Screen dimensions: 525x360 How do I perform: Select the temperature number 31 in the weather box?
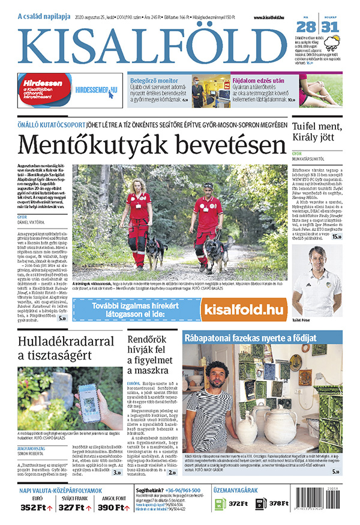pyautogui.click(x=331, y=27)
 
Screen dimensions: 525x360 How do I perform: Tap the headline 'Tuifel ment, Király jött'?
pyautogui.click(x=316, y=134)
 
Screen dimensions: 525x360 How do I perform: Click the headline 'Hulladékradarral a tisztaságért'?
pyautogui.click(x=57, y=350)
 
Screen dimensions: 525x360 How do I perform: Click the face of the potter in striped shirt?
pyautogui.click(x=217, y=374)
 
